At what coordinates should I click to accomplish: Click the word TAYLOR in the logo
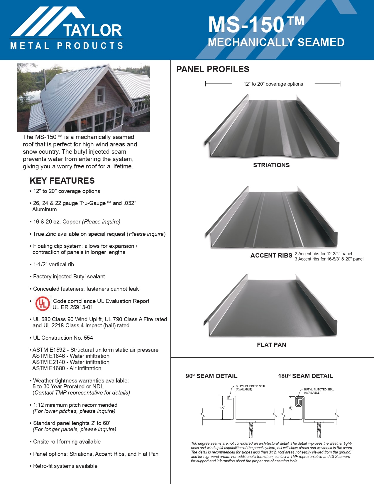click(x=92, y=31)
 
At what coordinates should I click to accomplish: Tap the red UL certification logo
click(x=43, y=304)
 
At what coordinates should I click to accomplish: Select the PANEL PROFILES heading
click(x=213, y=69)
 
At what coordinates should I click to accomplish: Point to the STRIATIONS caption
click(x=271, y=165)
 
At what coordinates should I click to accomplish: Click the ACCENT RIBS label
click(x=271, y=255)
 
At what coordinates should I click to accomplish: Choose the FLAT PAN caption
click(x=271, y=345)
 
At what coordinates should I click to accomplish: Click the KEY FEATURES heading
click(x=62, y=181)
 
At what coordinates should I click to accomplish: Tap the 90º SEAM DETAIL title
click(x=211, y=376)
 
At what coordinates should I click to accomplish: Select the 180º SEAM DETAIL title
click(x=305, y=376)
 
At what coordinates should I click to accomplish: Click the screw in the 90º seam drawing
click(x=251, y=429)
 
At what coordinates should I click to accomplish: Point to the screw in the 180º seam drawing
click(x=319, y=429)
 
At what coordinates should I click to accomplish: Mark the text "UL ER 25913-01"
click(x=73, y=307)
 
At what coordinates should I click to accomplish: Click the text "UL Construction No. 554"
click(x=63, y=338)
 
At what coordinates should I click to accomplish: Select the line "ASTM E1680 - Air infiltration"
click(x=67, y=368)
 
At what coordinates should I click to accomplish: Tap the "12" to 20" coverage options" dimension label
click(x=273, y=84)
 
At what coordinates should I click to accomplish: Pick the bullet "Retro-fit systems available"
click(x=65, y=466)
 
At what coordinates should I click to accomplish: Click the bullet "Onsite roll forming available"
click(x=67, y=442)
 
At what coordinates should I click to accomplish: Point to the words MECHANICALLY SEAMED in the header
click(x=276, y=43)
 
